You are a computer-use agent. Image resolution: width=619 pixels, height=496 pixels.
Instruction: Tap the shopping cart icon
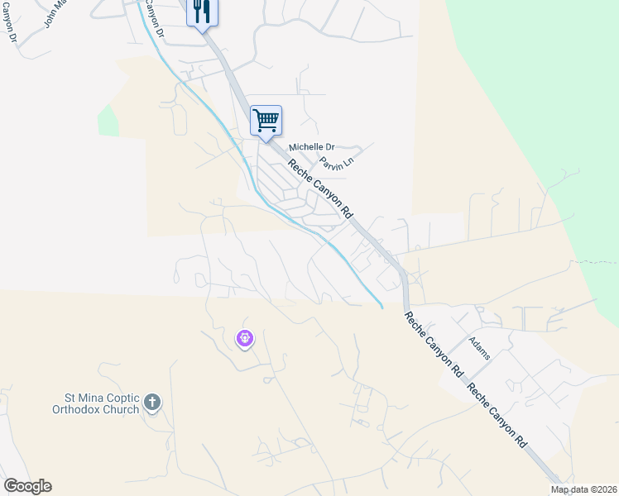click(266, 121)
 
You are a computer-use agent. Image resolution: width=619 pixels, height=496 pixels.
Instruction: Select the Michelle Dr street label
click(310, 147)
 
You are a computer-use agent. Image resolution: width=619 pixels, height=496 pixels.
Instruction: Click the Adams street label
click(479, 348)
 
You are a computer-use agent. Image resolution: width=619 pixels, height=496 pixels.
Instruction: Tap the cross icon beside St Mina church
click(151, 403)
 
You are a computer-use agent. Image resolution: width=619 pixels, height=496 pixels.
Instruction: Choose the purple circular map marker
click(244, 337)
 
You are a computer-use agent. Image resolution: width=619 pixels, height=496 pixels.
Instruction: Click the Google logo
click(27, 486)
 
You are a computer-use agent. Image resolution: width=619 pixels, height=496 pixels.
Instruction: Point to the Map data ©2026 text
click(584, 489)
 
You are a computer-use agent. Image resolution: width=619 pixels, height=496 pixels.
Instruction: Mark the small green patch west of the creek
click(108, 122)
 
